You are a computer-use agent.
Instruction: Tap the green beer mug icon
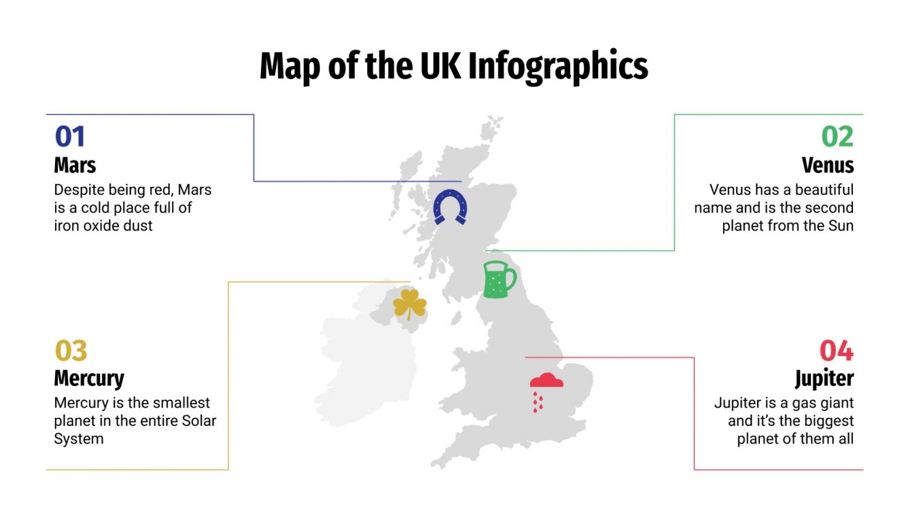[x=498, y=279]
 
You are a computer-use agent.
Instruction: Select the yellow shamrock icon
[x=410, y=304]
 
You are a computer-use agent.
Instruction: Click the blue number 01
[x=70, y=137]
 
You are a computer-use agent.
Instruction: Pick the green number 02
[x=837, y=137]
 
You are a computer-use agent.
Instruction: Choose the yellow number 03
[x=71, y=351]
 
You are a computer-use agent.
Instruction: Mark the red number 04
[x=836, y=351]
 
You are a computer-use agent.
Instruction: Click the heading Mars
[x=75, y=165]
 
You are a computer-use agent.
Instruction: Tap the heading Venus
[x=827, y=165]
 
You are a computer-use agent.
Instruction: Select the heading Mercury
[x=89, y=378]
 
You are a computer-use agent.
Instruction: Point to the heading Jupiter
[x=824, y=378]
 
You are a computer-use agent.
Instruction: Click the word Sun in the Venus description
[x=840, y=226]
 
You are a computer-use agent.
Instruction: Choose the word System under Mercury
[x=79, y=439]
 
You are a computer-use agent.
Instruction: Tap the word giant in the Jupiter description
[x=835, y=404]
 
